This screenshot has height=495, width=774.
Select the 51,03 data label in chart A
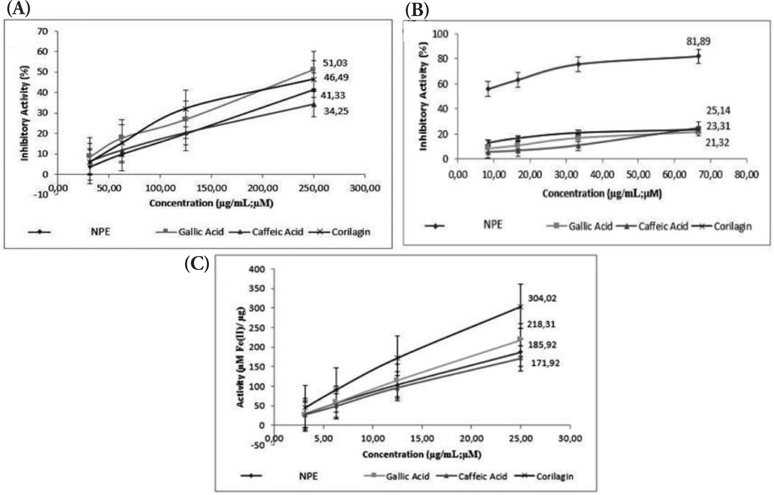[334, 63]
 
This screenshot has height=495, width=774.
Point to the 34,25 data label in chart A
[336, 111]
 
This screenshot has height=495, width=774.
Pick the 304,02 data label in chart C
[542, 299]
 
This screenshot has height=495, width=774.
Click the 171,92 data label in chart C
[545, 362]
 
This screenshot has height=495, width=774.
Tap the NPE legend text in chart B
[493, 225]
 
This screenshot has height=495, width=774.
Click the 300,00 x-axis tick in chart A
[365, 188]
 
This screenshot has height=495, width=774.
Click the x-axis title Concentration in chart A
[211, 203]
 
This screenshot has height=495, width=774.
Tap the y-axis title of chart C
[241, 357]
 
